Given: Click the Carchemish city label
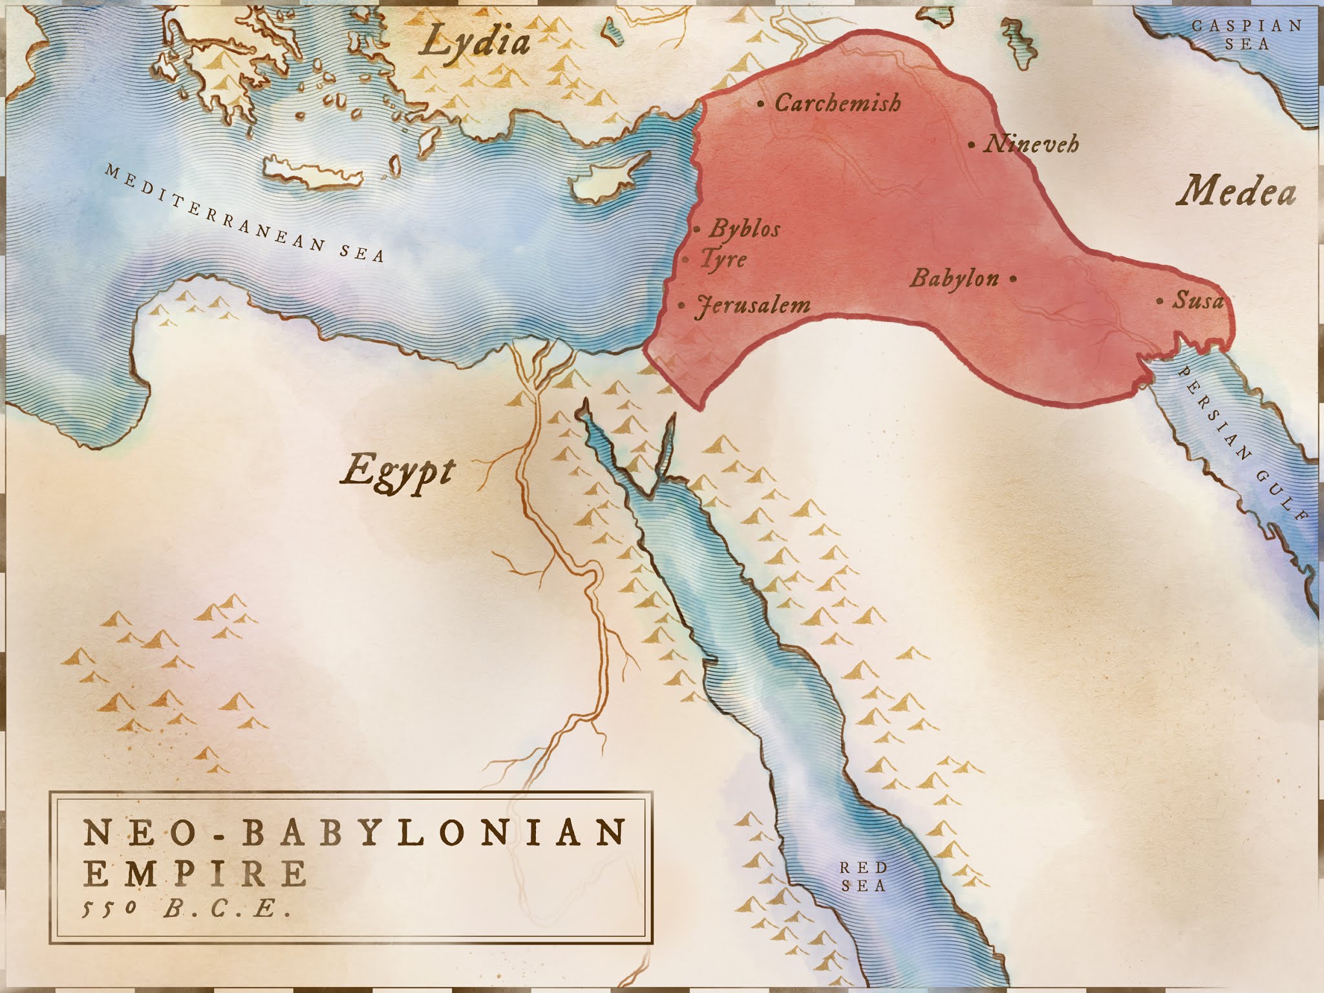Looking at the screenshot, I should tap(838, 103).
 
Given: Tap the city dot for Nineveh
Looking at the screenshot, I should tap(971, 145).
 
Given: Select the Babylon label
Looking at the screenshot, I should tap(954, 279).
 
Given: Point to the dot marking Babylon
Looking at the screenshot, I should tap(1012, 279).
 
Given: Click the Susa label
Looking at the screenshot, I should tap(1199, 301).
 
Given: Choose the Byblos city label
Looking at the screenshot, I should tap(745, 229).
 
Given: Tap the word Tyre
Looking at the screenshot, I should tap(723, 260).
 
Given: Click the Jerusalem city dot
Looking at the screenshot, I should tap(682, 305).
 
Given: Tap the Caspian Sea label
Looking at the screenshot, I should tap(1237, 35).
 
